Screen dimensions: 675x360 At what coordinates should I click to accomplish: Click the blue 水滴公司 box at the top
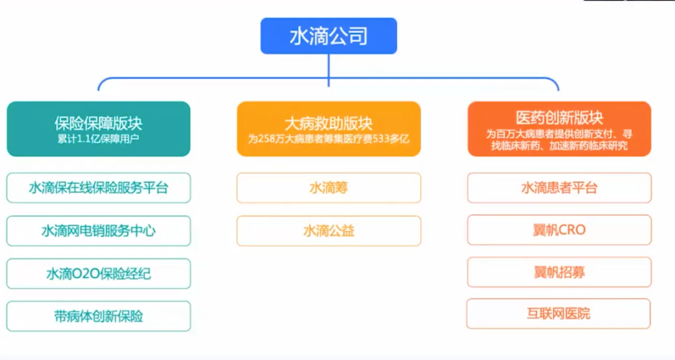coord(329,36)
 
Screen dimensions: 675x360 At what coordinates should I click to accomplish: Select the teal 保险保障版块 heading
coord(98,124)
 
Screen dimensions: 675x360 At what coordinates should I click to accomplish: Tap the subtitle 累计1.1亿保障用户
coord(98,139)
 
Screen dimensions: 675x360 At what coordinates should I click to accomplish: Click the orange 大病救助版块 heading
coord(329,124)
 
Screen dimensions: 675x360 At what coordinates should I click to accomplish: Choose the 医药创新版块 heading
coord(559,117)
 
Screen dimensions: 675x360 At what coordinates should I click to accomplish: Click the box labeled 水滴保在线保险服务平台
coord(99,187)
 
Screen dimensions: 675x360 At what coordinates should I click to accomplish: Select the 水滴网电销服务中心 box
coord(99,231)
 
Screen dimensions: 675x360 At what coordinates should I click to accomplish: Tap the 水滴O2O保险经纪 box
coord(99,274)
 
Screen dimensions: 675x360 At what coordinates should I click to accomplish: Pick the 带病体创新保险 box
coord(99,316)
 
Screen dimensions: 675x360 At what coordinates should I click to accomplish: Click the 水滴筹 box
coord(329,187)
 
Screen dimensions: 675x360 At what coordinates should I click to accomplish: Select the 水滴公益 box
coord(329,231)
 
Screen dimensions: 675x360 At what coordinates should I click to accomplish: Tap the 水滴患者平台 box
coord(559,187)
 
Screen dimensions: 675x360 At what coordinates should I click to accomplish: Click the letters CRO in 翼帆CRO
coord(572,230)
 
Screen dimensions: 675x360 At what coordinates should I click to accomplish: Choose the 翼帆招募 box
coord(559,272)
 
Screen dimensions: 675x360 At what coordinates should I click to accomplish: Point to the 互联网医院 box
coord(558,314)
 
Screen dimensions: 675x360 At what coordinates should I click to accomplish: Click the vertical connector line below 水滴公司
coord(329,70)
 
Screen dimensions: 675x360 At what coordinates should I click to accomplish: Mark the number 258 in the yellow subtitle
coord(266,139)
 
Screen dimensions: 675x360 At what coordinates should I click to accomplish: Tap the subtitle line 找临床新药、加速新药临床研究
coord(559,146)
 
